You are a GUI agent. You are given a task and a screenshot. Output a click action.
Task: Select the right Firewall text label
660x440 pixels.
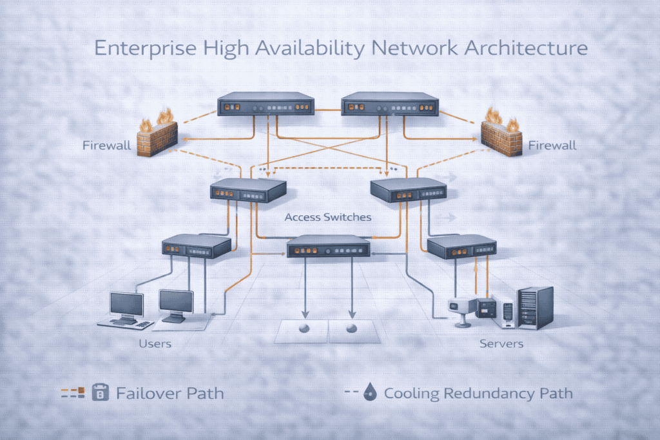click(552, 146)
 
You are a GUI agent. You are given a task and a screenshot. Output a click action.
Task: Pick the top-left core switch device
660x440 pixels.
click(266, 104)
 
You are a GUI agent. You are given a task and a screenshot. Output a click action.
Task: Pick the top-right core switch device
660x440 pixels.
click(389, 104)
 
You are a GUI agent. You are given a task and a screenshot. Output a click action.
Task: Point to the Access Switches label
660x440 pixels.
click(327, 217)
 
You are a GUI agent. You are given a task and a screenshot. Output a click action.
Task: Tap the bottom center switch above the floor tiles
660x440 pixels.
click(328, 247)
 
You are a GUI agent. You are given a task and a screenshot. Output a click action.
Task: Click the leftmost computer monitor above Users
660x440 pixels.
click(126, 306)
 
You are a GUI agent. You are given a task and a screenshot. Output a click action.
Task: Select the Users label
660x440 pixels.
click(155, 343)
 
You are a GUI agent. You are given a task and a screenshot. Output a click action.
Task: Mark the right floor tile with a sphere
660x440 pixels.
click(352, 330)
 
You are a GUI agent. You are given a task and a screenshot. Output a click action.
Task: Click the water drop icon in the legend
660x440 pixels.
click(371, 392)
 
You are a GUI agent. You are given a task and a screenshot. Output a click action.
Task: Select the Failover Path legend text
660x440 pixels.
click(170, 392)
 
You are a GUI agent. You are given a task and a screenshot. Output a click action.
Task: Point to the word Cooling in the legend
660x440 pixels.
click(411, 392)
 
